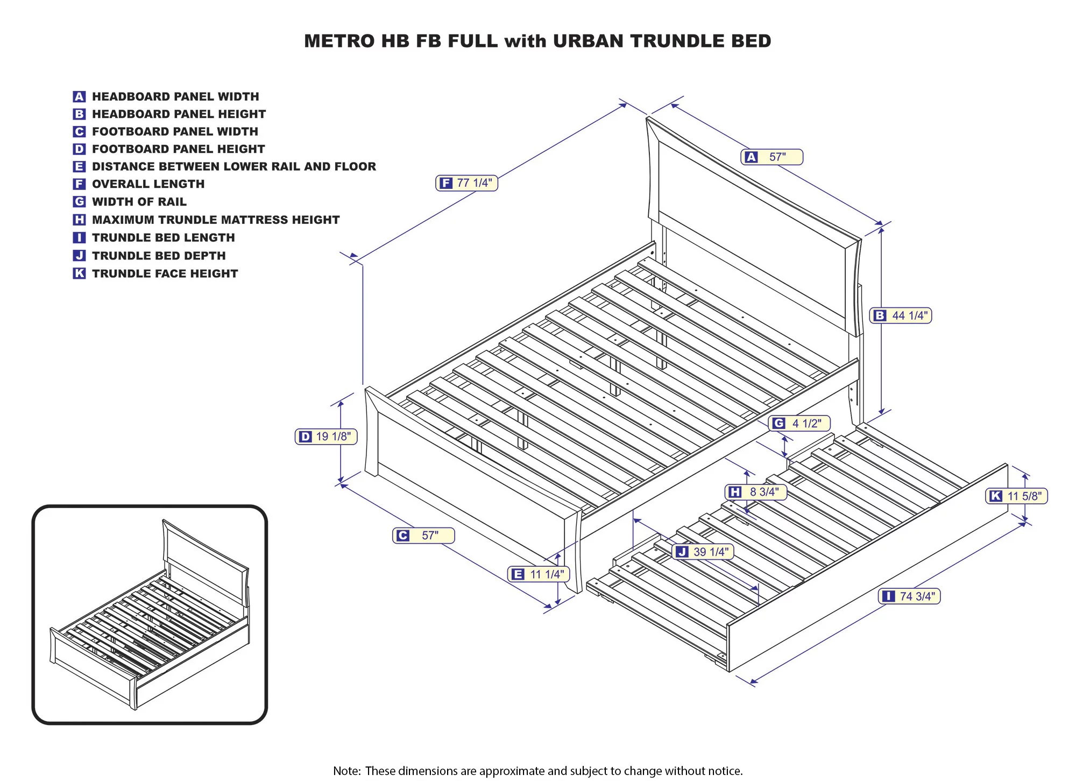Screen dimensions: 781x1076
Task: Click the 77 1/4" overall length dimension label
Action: coord(467,183)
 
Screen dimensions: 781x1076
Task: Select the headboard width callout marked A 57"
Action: coord(771,157)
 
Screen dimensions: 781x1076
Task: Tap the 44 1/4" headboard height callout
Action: coord(901,315)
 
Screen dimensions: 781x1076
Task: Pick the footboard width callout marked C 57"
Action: coord(423,536)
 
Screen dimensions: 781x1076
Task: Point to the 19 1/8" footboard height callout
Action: coord(326,437)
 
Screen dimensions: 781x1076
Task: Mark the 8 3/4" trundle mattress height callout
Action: coord(756,492)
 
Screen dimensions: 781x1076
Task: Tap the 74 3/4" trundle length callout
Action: coord(909,596)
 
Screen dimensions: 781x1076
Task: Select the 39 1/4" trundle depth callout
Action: coord(703,552)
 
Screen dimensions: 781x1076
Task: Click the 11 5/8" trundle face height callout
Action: coord(1016,496)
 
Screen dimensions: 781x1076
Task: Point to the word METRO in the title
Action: coord(339,41)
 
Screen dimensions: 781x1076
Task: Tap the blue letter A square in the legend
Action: coord(79,97)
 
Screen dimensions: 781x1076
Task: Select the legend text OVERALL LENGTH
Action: coord(148,184)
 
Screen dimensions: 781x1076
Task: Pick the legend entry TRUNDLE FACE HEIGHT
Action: coord(165,273)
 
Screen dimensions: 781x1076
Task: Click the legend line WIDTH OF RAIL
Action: coord(139,202)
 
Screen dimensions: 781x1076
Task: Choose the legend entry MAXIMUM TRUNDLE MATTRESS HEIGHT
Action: coord(215,220)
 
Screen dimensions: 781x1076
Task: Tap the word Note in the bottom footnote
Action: coord(346,771)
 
